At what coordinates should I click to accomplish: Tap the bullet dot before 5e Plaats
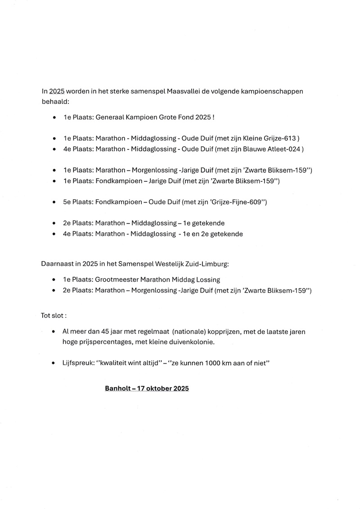coord(54,203)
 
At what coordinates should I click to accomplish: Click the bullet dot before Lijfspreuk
coord(54,362)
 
